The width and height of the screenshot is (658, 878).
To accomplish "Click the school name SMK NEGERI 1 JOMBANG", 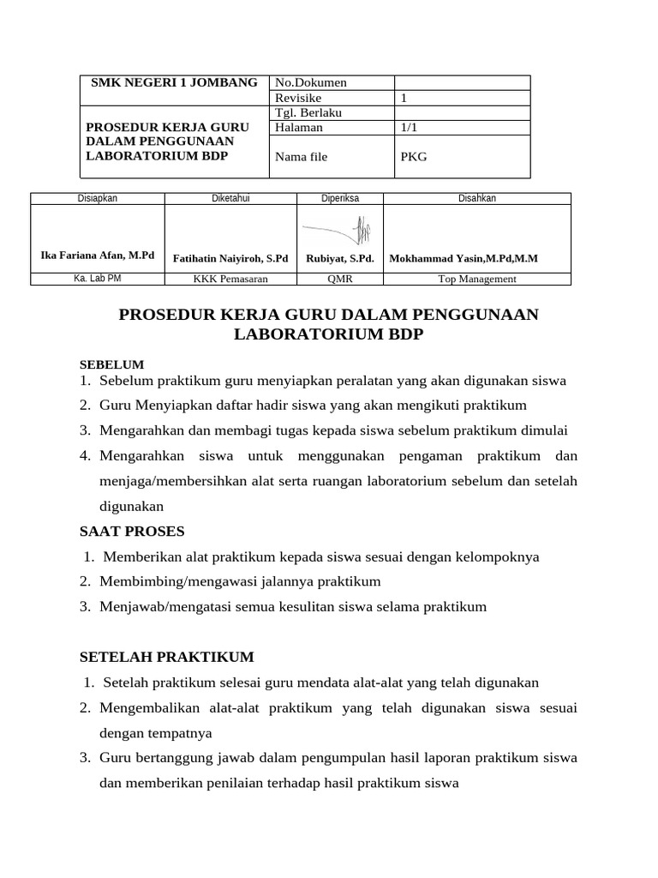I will click(174, 82).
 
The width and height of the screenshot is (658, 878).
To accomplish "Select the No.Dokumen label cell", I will click(310, 83).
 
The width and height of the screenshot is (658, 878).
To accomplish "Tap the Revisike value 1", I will click(404, 98).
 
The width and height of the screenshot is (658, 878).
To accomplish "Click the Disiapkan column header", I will click(97, 198).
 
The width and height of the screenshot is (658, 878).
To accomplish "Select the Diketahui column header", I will click(230, 198).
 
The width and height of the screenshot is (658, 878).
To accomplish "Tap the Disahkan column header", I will click(476, 198).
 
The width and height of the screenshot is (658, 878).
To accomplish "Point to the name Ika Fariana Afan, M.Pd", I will click(98, 256).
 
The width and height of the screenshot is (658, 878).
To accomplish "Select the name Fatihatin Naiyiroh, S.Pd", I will click(230, 257).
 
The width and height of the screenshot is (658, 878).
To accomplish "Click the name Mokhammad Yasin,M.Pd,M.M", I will click(464, 257).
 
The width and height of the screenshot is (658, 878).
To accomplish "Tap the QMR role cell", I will click(340, 279).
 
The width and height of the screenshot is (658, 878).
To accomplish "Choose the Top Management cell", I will click(476, 279).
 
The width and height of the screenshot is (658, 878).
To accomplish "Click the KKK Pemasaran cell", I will click(230, 279).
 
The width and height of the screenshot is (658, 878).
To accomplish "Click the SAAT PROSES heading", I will click(132, 531).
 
